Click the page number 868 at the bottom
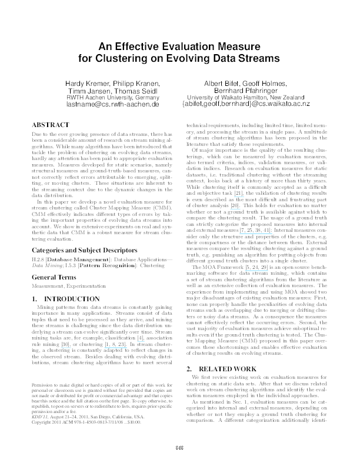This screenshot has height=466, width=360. (x=180, y=449)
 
